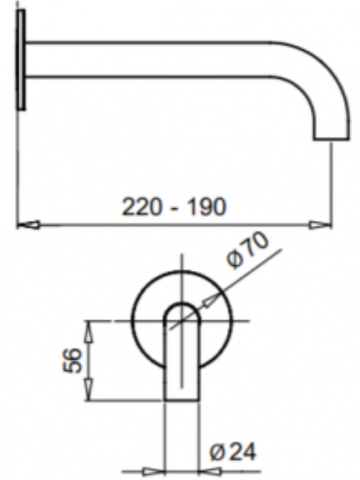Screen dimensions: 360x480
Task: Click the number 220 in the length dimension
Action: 142,207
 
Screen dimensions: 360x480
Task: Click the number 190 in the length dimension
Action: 206,207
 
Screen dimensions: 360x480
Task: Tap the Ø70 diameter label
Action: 248,251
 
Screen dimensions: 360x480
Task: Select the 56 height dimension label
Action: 73,361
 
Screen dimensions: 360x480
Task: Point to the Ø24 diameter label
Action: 233,452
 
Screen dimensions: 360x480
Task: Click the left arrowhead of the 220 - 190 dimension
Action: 28,225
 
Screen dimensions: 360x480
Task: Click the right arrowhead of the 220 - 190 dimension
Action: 320,225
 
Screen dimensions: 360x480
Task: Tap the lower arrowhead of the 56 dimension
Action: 89,390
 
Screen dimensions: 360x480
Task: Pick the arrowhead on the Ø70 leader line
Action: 211,301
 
